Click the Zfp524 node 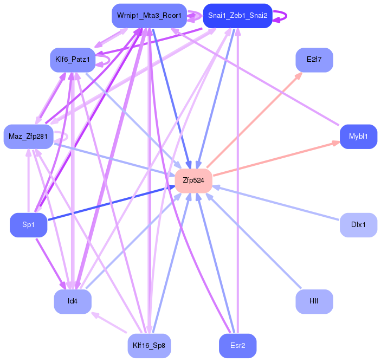[193, 181]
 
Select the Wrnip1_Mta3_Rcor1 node [149, 16]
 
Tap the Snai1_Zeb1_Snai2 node [237, 16]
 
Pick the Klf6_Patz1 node [73, 60]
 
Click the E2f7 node [314, 60]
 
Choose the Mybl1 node [358, 137]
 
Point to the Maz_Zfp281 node [28, 137]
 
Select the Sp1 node [28, 225]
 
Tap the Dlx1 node [358, 225]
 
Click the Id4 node [73, 301]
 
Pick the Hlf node [314, 301]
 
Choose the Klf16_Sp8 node [149, 346]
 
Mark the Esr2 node [237, 346]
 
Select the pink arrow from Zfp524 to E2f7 [254, 120]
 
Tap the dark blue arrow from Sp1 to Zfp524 [111, 203]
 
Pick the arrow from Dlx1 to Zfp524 [276, 203]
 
